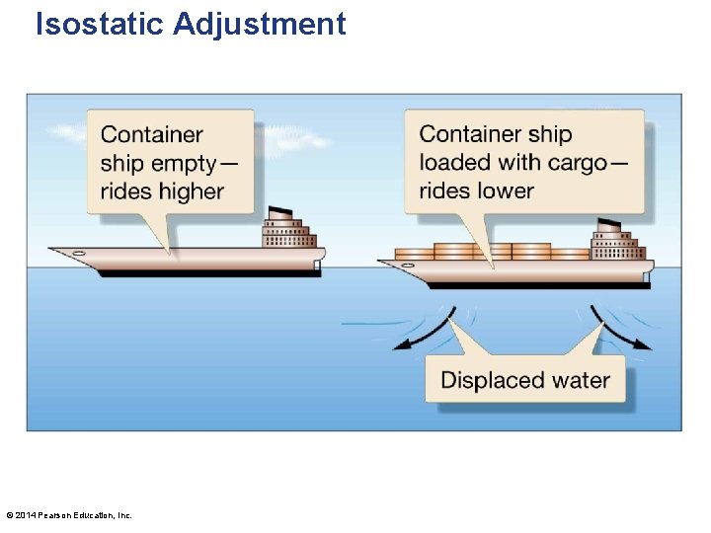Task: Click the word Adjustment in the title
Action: click(260, 23)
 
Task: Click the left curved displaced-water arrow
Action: click(423, 331)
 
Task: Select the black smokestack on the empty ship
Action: click(280, 212)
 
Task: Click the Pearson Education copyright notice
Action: click(69, 515)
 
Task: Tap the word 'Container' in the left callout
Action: click(152, 134)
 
